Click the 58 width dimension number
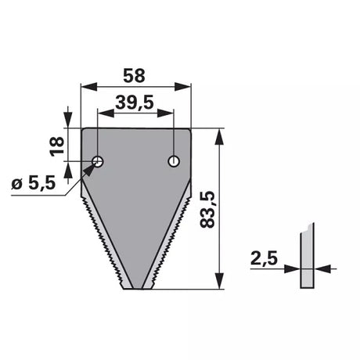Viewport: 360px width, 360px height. click(134, 76)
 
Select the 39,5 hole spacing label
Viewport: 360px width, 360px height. click(135, 103)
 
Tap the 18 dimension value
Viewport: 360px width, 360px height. click(57, 146)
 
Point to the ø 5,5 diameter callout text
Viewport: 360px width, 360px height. click(34, 182)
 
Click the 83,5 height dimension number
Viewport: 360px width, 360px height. click(207, 210)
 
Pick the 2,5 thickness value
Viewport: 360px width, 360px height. click(264, 258)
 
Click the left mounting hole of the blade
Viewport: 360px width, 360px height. click(98, 162)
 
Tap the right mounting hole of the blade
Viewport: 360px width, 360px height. click(174, 161)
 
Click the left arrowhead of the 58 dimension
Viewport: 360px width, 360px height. click(89, 87)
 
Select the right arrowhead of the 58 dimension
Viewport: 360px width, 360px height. click(183, 87)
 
